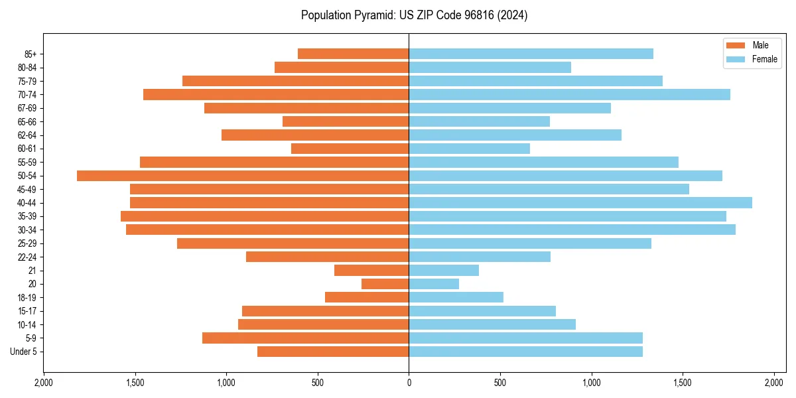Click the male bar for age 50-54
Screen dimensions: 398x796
tap(243, 176)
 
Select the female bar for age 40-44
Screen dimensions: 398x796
tap(580, 203)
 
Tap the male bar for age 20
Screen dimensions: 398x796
tap(385, 284)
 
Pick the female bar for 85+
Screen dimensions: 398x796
tap(531, 54)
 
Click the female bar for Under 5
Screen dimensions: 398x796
tap(525, 352)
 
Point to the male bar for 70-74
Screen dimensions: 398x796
tap(276, 95)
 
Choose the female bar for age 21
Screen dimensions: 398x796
tap(444, 271)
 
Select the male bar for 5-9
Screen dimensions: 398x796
tap(305, 338)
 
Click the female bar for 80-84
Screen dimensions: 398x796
tap(490, 68)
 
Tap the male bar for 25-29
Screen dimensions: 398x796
tap(293, 243)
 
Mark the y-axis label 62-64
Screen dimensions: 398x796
tap(27, 135)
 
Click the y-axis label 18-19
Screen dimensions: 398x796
tap(27, 298)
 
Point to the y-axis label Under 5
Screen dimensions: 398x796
tap(23, 352)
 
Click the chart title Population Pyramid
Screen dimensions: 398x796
tap(414, 15)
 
